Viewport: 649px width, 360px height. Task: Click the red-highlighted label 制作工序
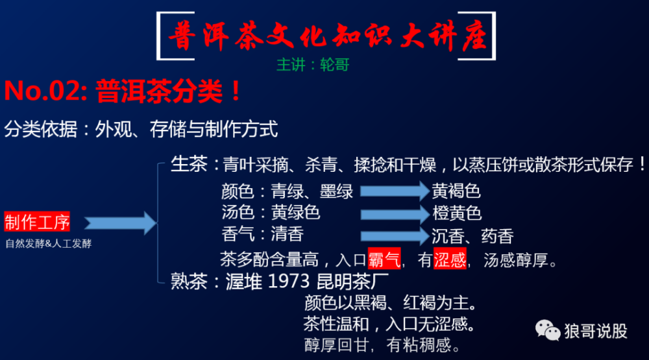click(37, 222)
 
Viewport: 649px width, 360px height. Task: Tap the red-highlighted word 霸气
click(384, 259)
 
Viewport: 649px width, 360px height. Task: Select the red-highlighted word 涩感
click(450, 259)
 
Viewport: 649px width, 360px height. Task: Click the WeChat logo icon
click(547, 331)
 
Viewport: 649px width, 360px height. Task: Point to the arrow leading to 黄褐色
click(395, 191)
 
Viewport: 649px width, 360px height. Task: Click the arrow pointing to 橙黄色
click(395, 214)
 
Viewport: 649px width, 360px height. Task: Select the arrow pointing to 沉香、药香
click(395, 236)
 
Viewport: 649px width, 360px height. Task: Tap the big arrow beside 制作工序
click(121, 223)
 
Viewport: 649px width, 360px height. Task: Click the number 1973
click(289, 282)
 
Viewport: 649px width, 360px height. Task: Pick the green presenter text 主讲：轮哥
click(313, 65)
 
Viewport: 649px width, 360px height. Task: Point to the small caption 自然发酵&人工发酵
click(49, 243)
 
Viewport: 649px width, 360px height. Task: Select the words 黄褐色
click(456, 191)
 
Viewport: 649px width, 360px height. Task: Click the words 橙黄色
click(457, 213)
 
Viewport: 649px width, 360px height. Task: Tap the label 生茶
click(189, 164)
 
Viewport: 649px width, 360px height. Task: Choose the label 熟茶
click(189, 282)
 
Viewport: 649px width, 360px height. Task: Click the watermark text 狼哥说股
click(596, 331)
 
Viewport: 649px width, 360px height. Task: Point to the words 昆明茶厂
click(352, 282)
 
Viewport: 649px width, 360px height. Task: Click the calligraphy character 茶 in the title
click(249, 36)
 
